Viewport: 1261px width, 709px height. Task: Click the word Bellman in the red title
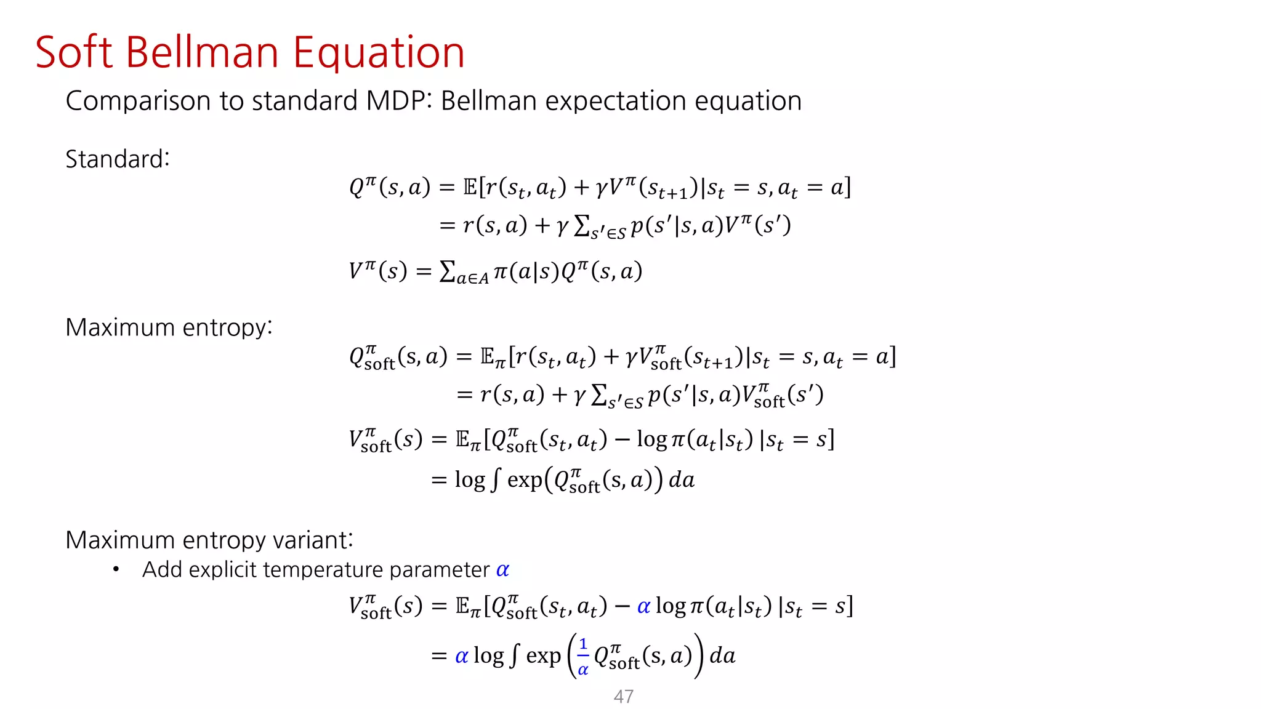[x=202, y=52]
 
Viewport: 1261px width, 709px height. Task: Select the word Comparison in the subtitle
[x=138, y=102]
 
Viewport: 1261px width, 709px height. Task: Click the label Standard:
[x=117, y=159]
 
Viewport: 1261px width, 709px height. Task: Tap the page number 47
[x=623, y=697]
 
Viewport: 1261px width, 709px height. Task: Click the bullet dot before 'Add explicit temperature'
[x=116, y=570]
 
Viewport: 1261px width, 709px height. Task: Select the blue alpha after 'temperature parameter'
[x=502, y=570]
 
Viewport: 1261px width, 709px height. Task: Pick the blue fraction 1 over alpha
[x=582, y=657]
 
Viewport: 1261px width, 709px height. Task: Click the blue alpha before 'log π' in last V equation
[x=643, y=607]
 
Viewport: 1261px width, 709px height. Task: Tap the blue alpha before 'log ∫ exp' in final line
[x=461, y=657]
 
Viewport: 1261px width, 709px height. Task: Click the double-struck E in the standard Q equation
[x=470, y=186]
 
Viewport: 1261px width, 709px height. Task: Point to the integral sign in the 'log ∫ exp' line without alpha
[x=496, y=480]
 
